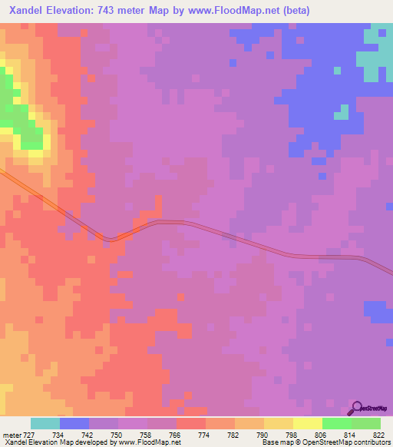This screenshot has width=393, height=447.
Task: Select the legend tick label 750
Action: click(x=104, y=435)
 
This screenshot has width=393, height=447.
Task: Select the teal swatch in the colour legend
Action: click(x=45, y=423)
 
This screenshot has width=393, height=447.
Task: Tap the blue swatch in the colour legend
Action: click(x=74, y=423)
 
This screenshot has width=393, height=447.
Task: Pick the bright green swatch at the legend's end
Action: click(x=366, y=423)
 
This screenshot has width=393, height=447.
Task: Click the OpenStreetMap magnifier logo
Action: click(x=357, y=407)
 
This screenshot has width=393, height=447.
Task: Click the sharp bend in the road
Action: click(x=112, y=239)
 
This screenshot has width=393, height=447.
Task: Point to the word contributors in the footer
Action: click(x=369, y=442)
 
